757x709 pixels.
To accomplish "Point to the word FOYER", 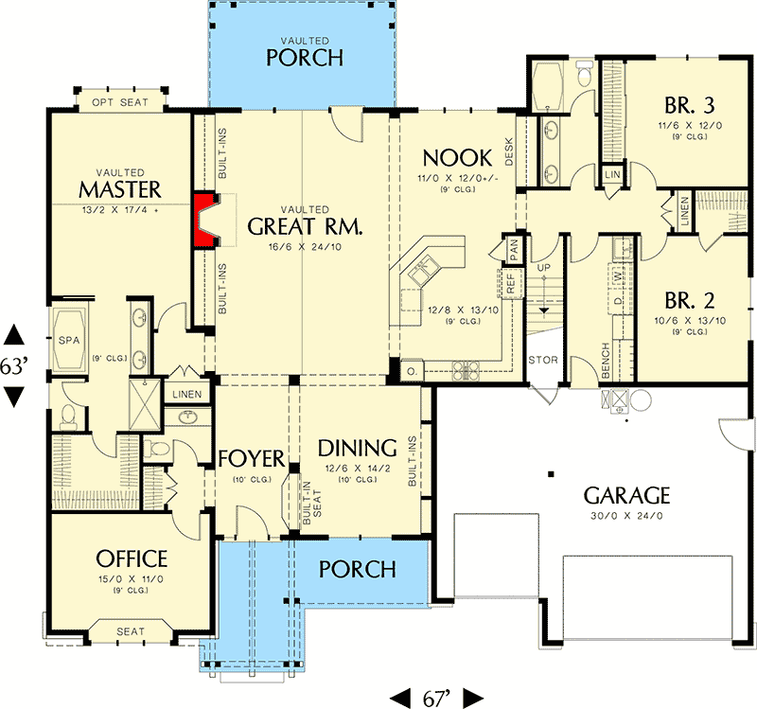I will [x=251, y=459].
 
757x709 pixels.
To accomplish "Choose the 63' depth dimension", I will [x=14, y=366].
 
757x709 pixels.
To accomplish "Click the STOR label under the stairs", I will [x=542, y=360].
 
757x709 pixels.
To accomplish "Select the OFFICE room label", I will [x=131, y=559].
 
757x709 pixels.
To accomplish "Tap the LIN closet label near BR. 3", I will [x=613, y=175].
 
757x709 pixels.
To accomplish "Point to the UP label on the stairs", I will [x=543, y=269].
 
